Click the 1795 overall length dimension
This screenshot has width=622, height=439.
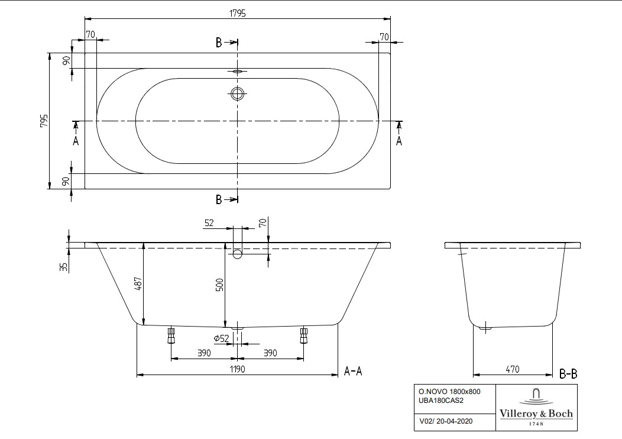(x=238, y=13)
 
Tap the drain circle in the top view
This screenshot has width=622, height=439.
(x=237, y=93)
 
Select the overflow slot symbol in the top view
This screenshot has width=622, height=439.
(x=237, y=72)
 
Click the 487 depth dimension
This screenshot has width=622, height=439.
(x=138, y=283)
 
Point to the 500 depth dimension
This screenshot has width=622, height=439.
(x=219, y=285)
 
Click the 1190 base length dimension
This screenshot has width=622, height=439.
(x=237, y=369)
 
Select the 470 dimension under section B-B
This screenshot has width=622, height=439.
(x=513, y=370)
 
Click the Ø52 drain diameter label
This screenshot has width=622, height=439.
(x=221, y=338)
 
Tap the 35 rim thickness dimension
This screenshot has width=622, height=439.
(x=63, y=267)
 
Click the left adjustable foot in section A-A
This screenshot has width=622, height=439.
(x=171, y=335)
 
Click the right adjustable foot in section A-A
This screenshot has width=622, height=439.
(x=303, y=335)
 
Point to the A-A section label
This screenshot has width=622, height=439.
(x=352, y=371)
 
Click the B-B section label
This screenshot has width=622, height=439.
(x=568, y=373)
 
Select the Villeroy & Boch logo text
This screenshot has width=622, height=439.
(x=536, y=414)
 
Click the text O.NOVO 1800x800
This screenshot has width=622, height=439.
(x=449, y=392)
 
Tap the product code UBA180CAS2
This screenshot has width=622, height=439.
(x=441, y=401)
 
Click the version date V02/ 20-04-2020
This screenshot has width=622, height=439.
(x=446, y=421)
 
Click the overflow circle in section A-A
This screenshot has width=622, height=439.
(x=237, y=254)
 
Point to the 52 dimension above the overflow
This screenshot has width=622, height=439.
(x=209, y=223)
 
